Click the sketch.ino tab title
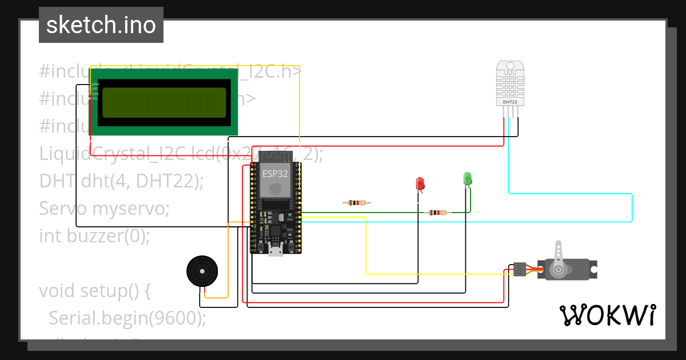(101, 25)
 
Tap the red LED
(420, 183)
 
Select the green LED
(467, 178)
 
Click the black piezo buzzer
(202, 270)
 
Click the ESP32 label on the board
(275, 173)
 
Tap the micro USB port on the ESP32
(276, 250)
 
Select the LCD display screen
(163, 103)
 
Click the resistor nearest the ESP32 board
(357, 203)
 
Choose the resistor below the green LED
(437, 213)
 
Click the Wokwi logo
(608, 315)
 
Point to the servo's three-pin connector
(520, 269)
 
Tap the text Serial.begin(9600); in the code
(127, 318)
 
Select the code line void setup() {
(94, 291)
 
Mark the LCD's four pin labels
(95, 91)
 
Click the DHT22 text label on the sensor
(510, 102)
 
